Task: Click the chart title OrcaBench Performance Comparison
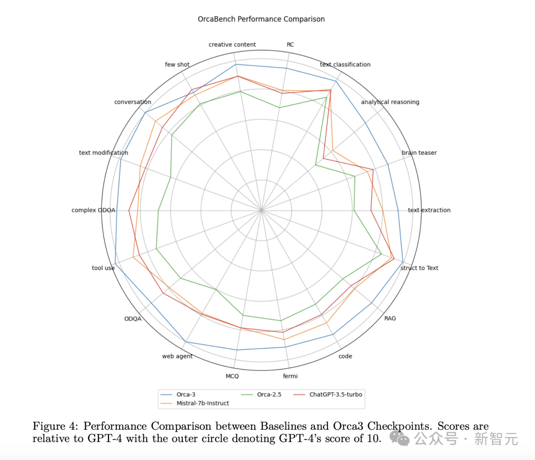[x=261, y=19]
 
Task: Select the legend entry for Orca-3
[x=186, y=394]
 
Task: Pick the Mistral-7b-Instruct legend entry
[x=202, y=403]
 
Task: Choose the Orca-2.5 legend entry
[x=269, y=394]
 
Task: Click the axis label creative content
[x=232, y=45]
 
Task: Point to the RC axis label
[x=290, y=45]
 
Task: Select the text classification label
[x=345, y=65]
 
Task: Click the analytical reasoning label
[x=390, y=102]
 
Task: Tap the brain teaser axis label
[x=419, y=153]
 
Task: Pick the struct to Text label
[x=419, y=268]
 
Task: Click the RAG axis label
[x=390, y=319]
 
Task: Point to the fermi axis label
[x=290, y=376]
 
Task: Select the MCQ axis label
[x=232, y=376]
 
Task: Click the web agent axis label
[x=177, y=356]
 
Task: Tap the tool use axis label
[x=103, y=268]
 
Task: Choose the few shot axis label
[x=177, y=65]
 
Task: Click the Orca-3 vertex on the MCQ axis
[x=237, y=350]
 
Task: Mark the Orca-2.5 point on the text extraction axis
[x=354, y=210]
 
